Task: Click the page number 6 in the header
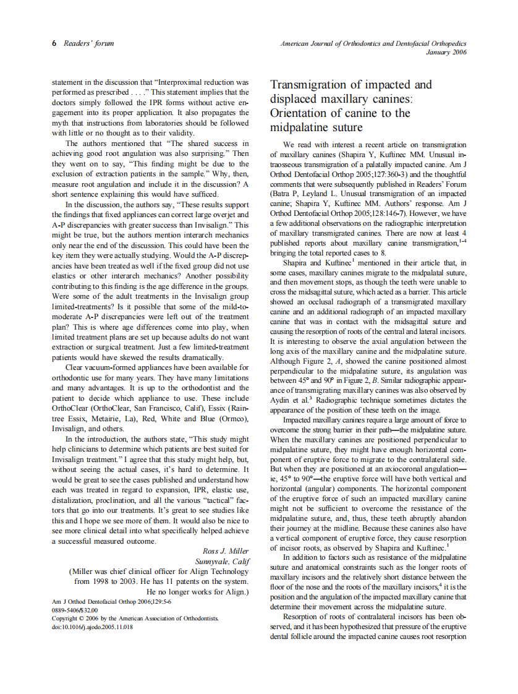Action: [54, 43]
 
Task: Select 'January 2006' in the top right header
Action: [446, 52]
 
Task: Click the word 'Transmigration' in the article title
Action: [315, 85]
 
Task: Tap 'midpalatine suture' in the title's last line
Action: [316, 128]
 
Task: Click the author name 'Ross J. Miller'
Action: [226, 551]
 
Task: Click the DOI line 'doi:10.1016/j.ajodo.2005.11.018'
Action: [93, 627]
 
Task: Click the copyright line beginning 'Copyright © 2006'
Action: [135, 618]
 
